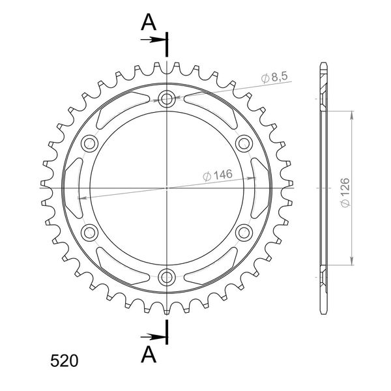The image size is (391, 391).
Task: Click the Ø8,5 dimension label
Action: (274, 78)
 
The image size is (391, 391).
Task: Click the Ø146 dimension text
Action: (218, 175)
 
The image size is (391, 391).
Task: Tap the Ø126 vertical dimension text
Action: (345, 192)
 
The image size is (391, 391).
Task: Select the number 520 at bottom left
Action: (64, 360)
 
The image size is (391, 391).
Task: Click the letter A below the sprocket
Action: (149, 355)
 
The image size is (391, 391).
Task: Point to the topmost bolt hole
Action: (167, 99)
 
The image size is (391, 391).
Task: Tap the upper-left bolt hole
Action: (90, 143)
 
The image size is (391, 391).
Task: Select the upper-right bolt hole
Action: (244, 143)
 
